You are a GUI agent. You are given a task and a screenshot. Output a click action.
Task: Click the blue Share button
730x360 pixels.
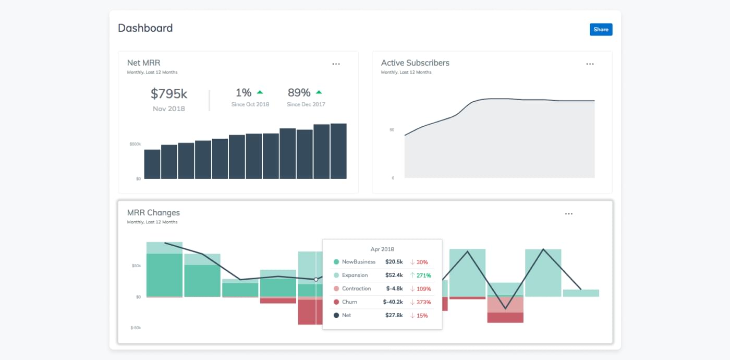601,29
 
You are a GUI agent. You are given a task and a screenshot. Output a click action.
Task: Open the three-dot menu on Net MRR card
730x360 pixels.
336,64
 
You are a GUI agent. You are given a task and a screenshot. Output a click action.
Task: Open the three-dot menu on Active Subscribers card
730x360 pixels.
590,64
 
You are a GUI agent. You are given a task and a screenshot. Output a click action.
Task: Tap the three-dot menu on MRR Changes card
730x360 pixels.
569,214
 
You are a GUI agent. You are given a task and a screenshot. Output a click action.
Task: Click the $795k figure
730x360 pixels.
169,94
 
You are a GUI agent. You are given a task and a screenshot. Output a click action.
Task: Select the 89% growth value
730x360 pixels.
299,93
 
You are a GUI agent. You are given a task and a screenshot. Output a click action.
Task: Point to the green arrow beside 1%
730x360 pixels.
260,92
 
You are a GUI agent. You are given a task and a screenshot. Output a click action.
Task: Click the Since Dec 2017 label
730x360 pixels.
306,104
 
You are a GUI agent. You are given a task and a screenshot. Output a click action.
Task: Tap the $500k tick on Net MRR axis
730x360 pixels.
135,144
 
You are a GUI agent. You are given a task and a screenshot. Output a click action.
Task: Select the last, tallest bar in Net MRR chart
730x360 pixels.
338,151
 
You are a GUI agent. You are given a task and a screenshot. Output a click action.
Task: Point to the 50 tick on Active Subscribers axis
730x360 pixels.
392,130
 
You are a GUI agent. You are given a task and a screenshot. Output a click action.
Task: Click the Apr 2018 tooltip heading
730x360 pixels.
382,249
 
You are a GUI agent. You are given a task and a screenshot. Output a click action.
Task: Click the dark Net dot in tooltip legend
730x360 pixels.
336,315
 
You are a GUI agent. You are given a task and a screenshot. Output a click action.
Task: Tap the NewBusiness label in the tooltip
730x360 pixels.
359,262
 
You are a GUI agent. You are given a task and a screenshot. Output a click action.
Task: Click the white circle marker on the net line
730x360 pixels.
316,280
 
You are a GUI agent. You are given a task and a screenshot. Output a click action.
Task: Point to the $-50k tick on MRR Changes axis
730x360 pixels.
136,328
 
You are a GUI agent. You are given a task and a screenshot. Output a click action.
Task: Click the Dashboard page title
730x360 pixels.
145,28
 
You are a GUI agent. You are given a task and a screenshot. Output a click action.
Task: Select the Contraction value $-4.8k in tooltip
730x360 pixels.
394,289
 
